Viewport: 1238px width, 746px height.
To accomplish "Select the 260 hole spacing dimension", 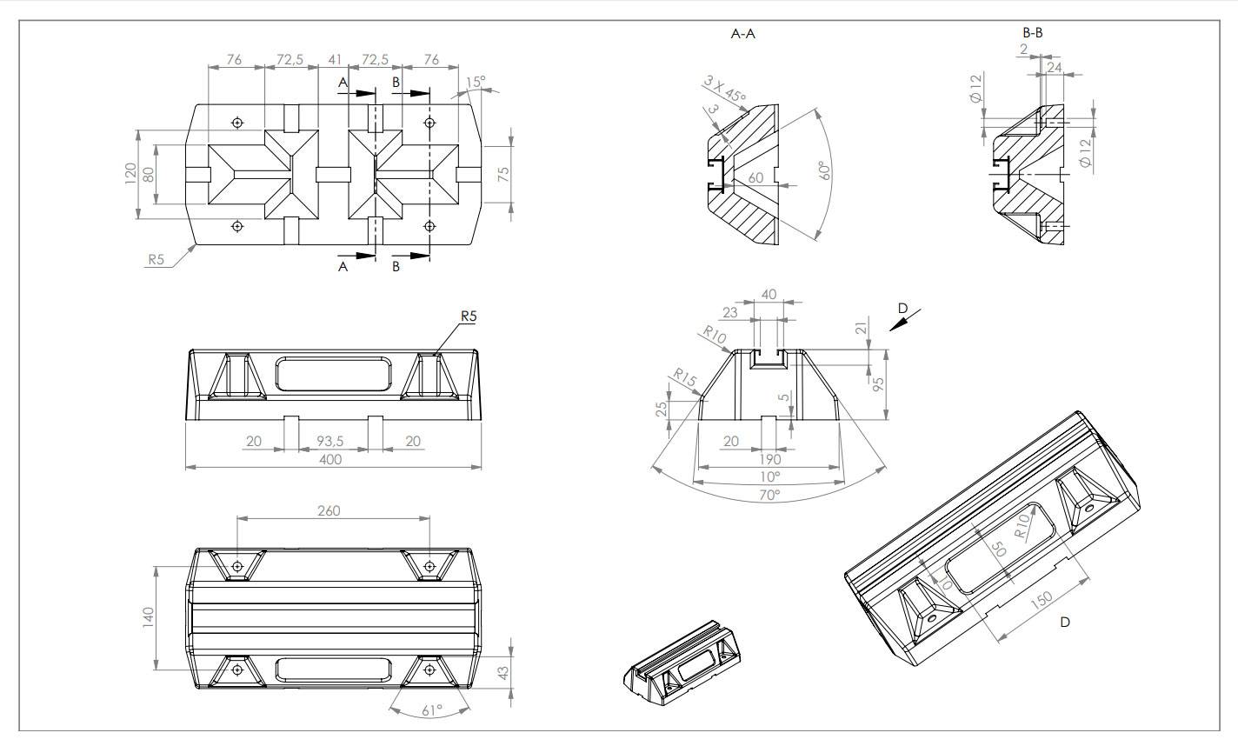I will pyautogui.click(x=329, y=510).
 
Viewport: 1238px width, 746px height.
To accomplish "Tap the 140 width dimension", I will pyautogui.click(x=148, y=617).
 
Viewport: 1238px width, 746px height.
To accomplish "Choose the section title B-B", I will pyautogui.click(x=1033, y=33).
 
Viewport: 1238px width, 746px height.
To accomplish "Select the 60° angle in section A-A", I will pyautogui.click(x=824, y=170).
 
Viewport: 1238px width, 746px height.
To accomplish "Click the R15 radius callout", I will pyautogui.click(x=685, y=378).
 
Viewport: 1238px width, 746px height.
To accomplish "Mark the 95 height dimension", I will pyautogui.click(x=878, y=383).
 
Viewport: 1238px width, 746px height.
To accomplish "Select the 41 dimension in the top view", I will pyautogui.click(x=334, y=60).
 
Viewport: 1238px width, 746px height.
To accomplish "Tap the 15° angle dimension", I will pyautogui.click(x=476, y=82).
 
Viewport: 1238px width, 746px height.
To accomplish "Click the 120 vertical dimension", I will pyautogui.click(x=130, y=174).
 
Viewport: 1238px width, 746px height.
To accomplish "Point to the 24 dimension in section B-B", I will pyautogui.click(x=1055, y=66).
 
